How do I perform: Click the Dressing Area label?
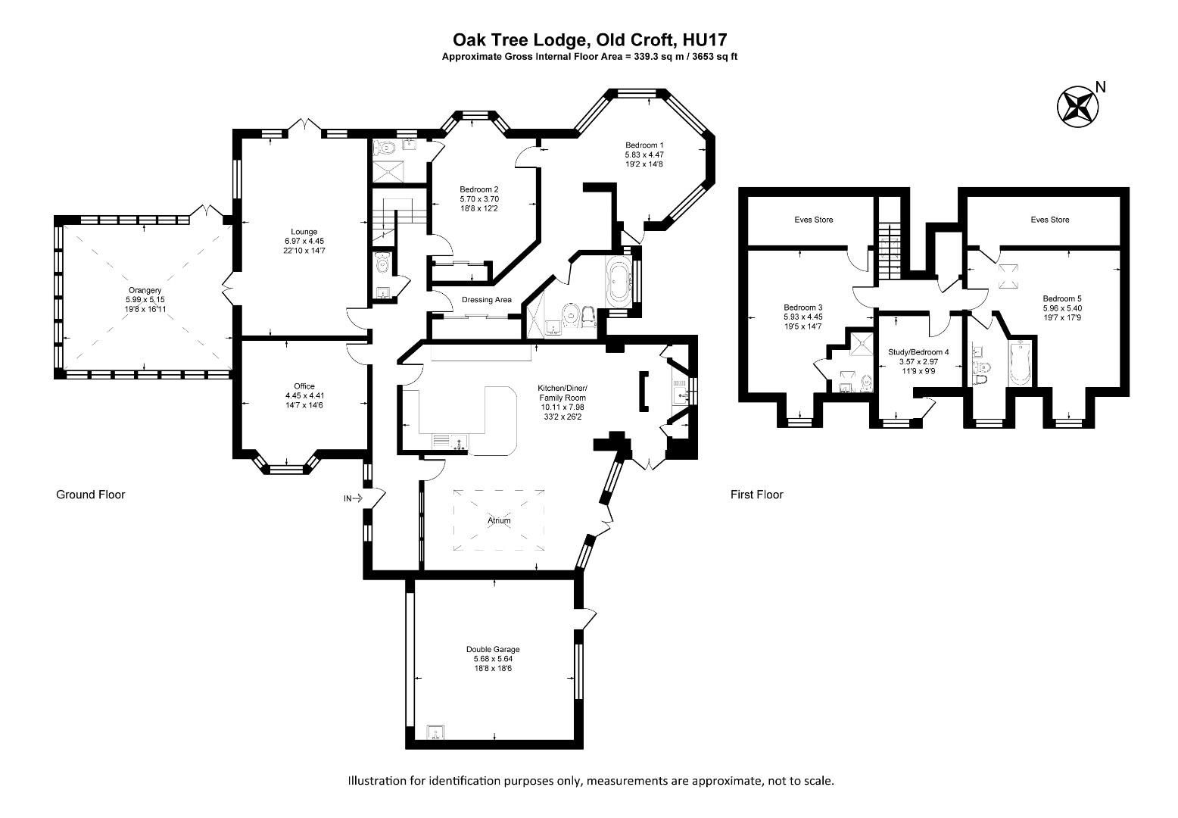(x=486, y=300)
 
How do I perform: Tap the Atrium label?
(x=499, y=520)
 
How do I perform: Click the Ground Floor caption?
(x=90, y=495)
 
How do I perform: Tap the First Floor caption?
(x=756, y=495)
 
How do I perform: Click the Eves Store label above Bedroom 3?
(x=813, y=220)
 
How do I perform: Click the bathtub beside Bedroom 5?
(x=1021, y=365)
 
